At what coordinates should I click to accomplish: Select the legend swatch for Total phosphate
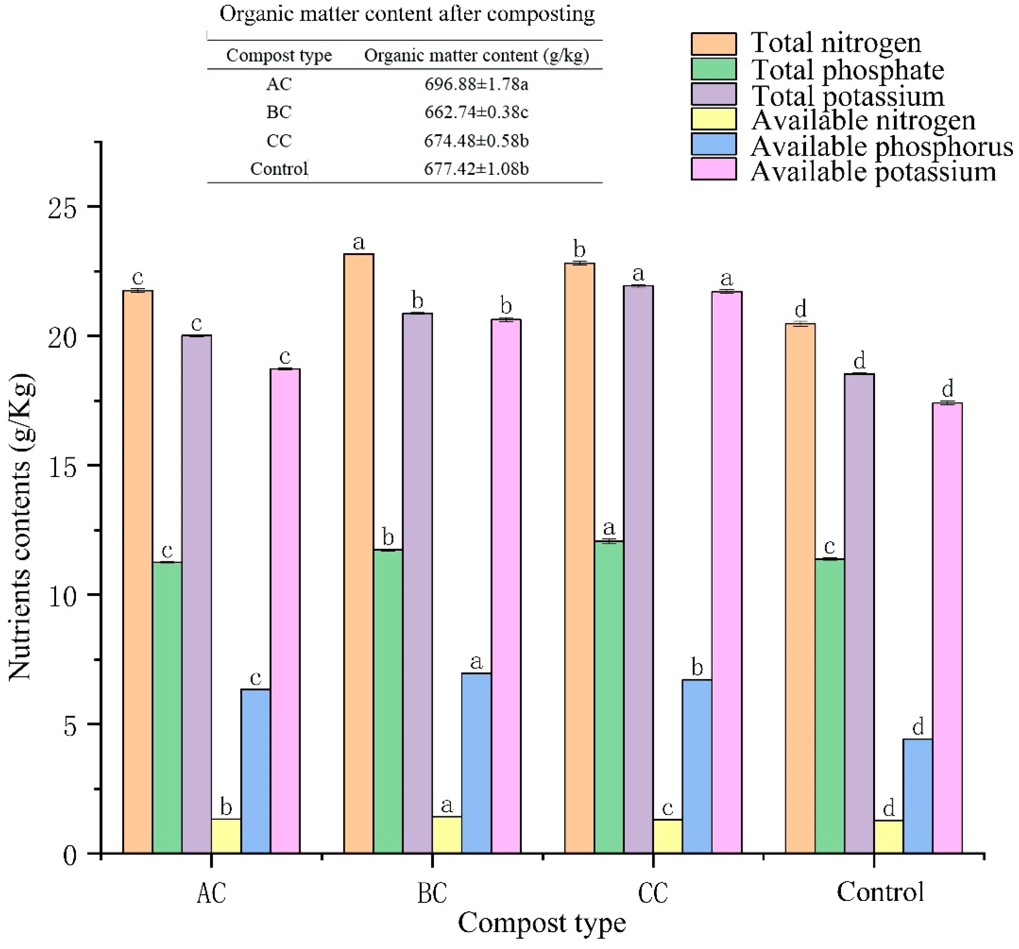point(714,69)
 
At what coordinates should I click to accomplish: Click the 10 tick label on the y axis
point(62,595)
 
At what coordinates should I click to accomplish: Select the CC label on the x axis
point(653,893)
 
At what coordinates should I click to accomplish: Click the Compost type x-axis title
point(542,923)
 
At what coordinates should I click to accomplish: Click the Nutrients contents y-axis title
point(21,528)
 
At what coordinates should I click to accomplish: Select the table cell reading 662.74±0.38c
point(476,112)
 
